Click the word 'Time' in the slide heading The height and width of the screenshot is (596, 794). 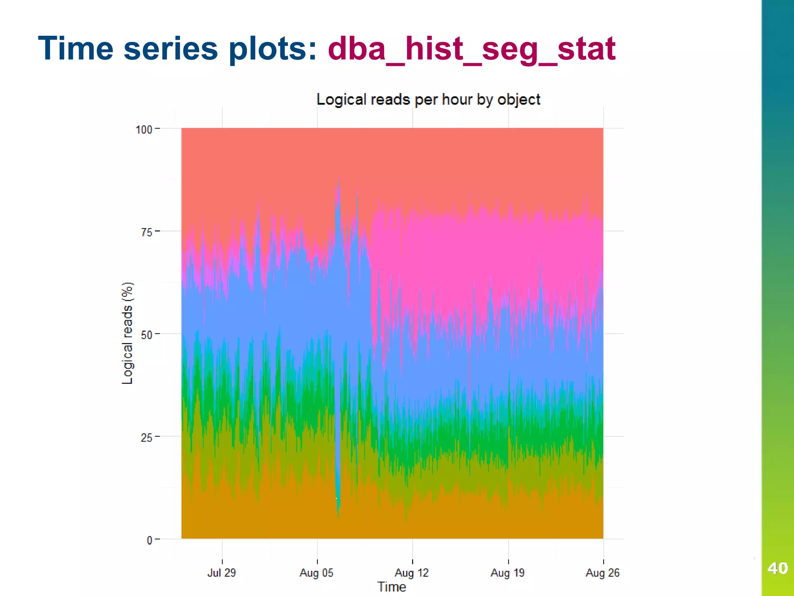tap(76, 49)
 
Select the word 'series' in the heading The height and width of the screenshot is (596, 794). tap(171, 49)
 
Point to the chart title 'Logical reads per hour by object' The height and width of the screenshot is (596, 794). tap(428, 100)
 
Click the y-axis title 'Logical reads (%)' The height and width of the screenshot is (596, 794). tap(127, 333)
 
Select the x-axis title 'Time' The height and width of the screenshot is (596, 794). tap(392, 587)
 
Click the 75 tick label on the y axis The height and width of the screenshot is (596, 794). tap(147, 232)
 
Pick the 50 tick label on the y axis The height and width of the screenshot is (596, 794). tap(147, 334)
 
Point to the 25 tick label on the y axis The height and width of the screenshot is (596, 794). tap(147, 438)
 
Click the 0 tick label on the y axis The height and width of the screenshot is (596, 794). tap(149, 540)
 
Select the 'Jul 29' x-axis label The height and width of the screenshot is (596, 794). tap(221, 573)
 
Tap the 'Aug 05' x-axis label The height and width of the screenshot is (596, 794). tap(316, 573)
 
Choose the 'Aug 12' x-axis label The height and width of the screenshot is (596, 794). tap(412, 573)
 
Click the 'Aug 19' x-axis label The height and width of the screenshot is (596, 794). tap(507, 573)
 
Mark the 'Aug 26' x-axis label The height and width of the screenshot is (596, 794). tap(602, 573)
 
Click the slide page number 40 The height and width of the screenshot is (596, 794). tap(777, 568)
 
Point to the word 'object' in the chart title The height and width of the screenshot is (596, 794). tap(519, 100)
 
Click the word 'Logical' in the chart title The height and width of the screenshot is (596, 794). tap(341, 100)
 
